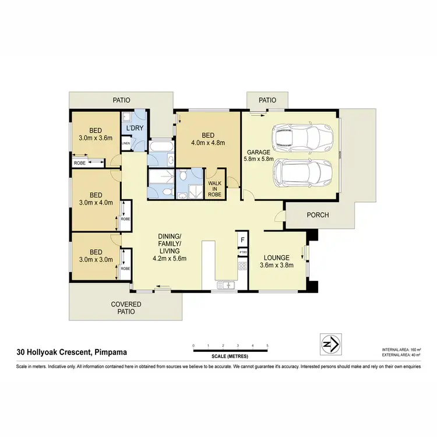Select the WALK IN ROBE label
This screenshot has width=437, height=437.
click(216, 186)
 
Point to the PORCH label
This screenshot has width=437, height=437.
click(318, 215)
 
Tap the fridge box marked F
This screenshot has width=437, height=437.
click(242, 239)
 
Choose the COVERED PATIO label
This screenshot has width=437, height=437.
click(124, 308)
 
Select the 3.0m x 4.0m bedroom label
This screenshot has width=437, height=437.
click(96, 199)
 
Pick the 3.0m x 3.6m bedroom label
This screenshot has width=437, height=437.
click(96, 135)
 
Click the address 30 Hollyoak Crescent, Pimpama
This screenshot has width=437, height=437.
click(73, 352)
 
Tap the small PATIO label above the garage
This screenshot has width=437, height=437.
click(267, 100)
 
